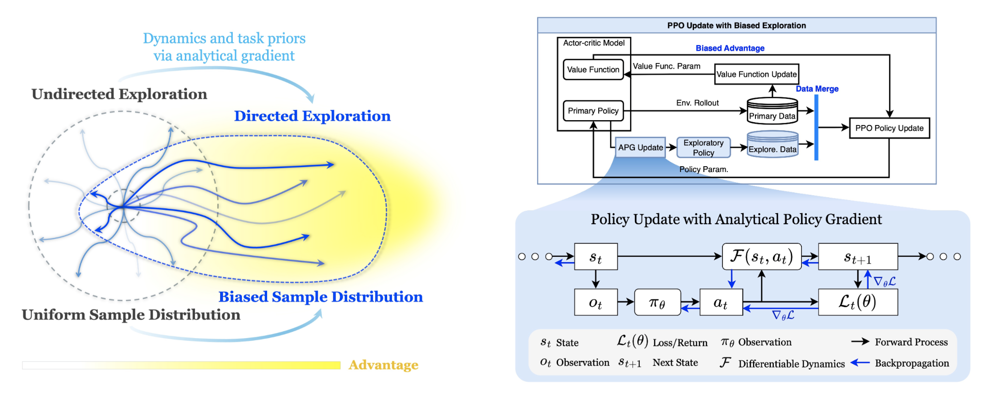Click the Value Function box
pos(593,69)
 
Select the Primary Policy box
pos(593,110)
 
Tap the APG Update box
pos(640,147)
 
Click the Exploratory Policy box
pos(703,148)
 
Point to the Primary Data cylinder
pos(772,111)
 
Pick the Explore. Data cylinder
pos(772,144)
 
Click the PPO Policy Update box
pos(889,128)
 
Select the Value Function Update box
pos(756,74)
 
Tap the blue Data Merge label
pos(817,89)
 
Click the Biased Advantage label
pos(730,48)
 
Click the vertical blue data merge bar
pos(816,127)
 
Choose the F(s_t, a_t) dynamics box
pos(761,257)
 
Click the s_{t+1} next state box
pos(858,257)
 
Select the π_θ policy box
pos(657,302)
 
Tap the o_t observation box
pos(596,302)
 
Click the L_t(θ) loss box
pos(858,302)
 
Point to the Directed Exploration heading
pos(312,116)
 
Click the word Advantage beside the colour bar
pos(383,365)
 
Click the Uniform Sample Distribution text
pos(131,315)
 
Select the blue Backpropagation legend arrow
pos(860,362)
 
